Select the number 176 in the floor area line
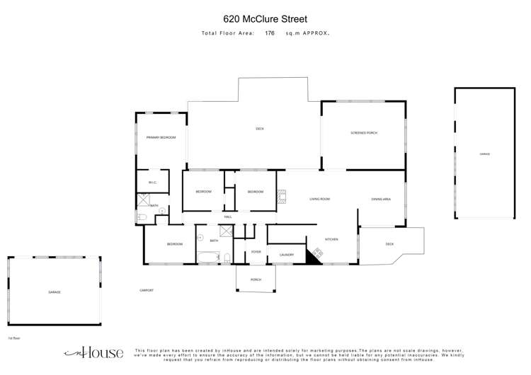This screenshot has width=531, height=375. (x=270, y=33)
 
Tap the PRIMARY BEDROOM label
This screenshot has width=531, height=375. (x=161, y=137)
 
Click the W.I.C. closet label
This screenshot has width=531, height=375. (x=152, y=183)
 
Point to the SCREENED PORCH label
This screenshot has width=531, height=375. (x=364, y=133)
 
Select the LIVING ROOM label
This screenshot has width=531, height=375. (x=320, y=200)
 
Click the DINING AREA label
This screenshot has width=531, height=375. (x=381, y=200)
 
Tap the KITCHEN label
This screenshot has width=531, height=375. (x=331, y=240)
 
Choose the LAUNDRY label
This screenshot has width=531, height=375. (x=287, y=255)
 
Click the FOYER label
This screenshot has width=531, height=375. (x=256, y=252)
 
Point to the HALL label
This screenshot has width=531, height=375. (x=228, y=217)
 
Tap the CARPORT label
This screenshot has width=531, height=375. (x=146, y=290)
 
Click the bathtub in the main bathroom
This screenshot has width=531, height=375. (x=208, y=258)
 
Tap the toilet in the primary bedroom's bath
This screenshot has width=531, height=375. (x=142, y=218)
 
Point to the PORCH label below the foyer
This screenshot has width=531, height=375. (x=256, y=280)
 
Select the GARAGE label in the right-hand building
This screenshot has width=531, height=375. (x=484, y=154)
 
